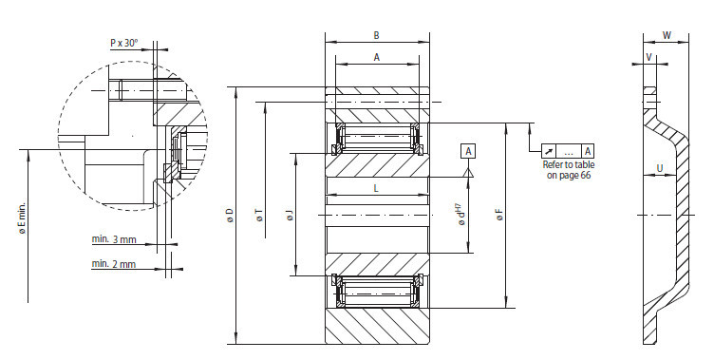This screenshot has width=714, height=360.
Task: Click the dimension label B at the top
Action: click(376, 35)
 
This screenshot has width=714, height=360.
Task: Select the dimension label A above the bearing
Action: click(376, 57)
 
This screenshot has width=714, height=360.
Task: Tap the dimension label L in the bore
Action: click(376, 189)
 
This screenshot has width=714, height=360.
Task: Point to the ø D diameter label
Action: click(229, 218)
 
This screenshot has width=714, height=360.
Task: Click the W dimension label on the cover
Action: click(667, 36)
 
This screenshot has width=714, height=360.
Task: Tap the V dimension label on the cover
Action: click(648, 57)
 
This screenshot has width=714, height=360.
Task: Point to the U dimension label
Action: click(657, 169)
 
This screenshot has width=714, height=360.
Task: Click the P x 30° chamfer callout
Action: click(124, 43)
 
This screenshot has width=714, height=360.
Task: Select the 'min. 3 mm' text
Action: click(113, 237)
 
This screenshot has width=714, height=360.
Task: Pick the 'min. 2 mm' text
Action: click(113, 263)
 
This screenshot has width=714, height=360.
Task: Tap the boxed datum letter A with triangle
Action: click(469, 151)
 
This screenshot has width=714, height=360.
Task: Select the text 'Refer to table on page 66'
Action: click(569, 170)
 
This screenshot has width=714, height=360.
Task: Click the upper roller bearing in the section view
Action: click(376, 139)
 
